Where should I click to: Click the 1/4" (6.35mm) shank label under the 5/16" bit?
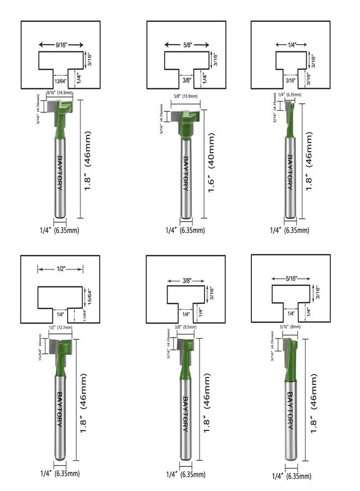(x=289, y=476)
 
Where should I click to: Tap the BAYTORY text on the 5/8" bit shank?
(x=186, y=173)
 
